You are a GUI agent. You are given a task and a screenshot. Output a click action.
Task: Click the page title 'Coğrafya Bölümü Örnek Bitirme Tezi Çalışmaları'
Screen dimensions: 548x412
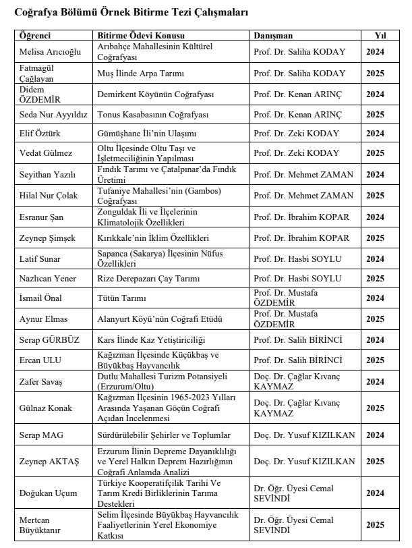(131, 13)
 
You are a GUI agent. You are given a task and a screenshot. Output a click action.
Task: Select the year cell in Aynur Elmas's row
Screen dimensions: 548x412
(375, 320)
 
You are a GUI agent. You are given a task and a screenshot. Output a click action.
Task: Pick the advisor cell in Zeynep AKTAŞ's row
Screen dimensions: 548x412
(303, 462)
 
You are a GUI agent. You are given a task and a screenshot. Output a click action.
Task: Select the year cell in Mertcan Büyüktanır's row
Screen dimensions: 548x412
(375, 524)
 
